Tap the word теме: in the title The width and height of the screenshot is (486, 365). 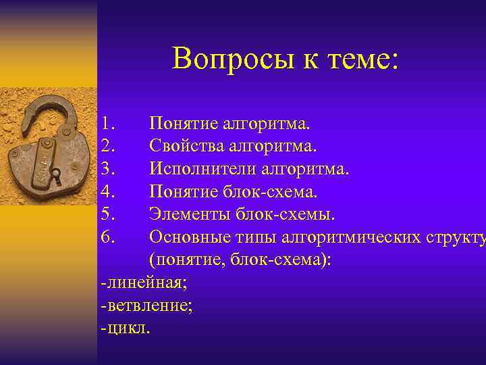coord(357,59)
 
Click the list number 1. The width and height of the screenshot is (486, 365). coord(109,124)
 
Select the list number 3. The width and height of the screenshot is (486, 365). coord(109,169)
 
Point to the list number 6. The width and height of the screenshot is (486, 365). coord(109,237)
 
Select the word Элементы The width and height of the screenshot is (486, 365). coord(184,214)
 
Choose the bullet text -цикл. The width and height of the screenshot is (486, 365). coord(126,328)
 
